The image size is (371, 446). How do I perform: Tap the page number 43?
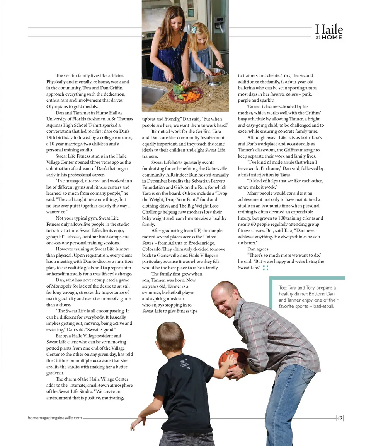[x=340, y=418]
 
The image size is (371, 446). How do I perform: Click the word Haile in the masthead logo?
[x=328, y=29]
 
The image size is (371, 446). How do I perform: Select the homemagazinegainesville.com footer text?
[x=54, y=418]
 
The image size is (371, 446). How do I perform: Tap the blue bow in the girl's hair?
[x=194, y=29]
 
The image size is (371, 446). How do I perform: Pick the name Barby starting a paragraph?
[x=62, y=336]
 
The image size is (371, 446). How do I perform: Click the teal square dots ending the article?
[x=265, y=268]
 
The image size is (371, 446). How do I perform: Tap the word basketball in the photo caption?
[x=325, y=306]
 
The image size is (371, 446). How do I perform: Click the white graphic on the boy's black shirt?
[x=183, y=364]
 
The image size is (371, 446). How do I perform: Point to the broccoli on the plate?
[x=178, y=90]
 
